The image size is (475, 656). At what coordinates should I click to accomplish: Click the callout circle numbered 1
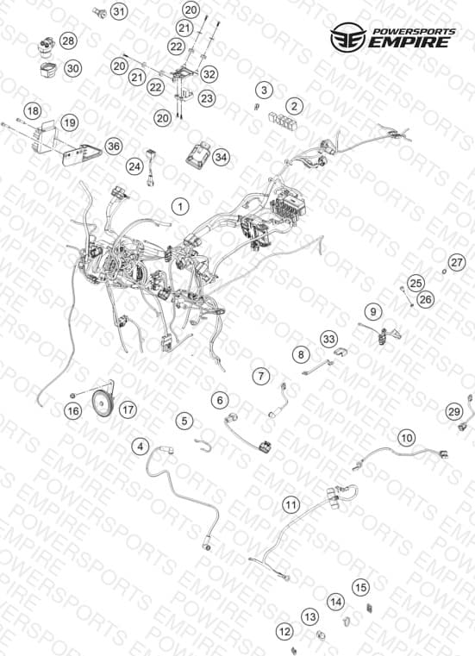[180, 207]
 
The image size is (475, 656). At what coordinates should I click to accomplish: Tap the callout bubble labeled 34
[221, 157]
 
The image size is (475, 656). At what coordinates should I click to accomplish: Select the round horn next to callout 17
[102, 403]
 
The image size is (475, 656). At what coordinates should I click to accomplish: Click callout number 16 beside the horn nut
[72, 411]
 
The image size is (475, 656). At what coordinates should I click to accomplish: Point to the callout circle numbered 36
[114, 147]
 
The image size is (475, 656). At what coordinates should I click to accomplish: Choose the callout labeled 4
[141, 447]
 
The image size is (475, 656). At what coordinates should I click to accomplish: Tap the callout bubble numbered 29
[453, 412]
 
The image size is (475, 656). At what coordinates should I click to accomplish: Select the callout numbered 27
[457, 262]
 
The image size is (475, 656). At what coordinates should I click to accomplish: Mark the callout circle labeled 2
[294, 106]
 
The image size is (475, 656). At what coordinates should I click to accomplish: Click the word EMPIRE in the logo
[409, 43]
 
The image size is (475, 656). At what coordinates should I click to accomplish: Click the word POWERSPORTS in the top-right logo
[414, 32]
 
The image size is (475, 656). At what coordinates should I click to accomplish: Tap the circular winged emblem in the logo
[347, 37]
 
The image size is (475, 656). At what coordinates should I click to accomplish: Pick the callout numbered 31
[119, 12]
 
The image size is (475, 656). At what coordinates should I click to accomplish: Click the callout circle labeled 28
[68, 41]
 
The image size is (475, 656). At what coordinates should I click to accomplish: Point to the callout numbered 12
[284, 631]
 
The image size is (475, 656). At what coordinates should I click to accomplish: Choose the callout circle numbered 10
[406, 438]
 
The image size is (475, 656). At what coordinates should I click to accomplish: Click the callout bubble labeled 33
[329, 339]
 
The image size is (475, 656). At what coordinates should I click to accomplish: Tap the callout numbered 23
[206, 99]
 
